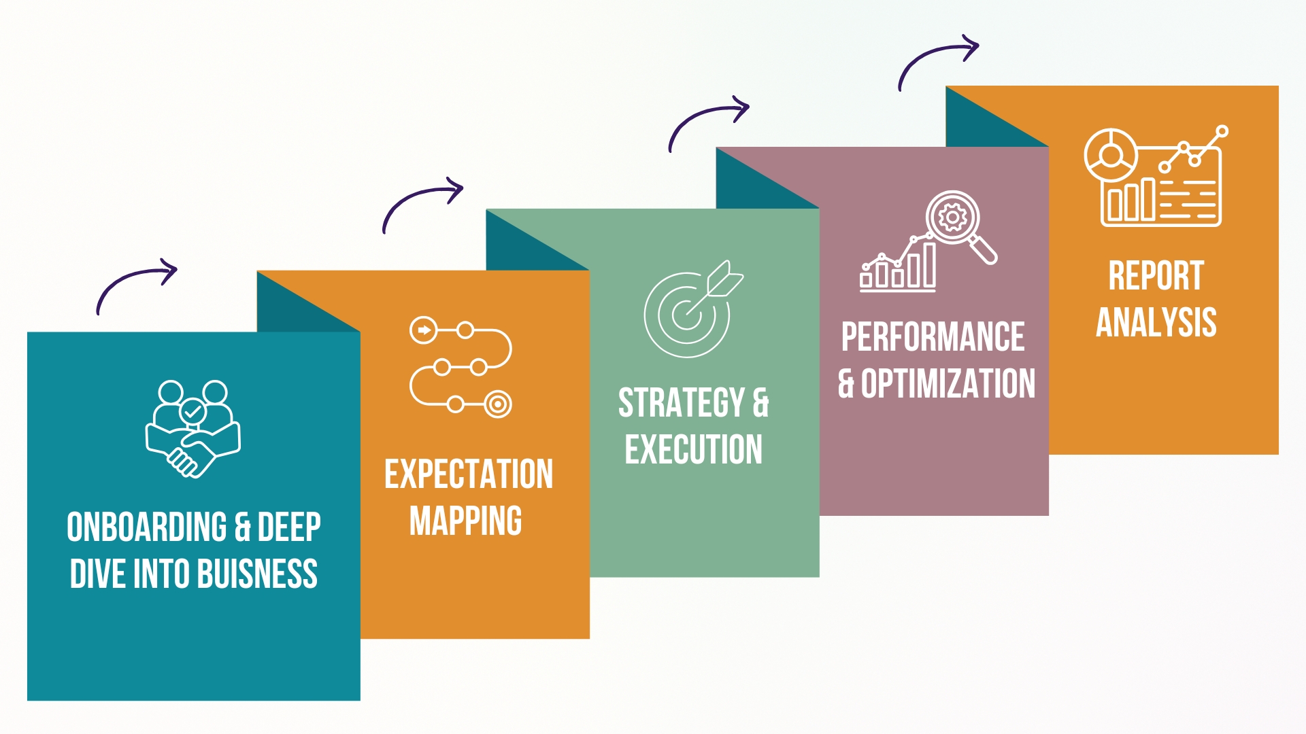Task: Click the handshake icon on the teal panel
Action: coord(193,429)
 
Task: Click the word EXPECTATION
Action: coord(469,474)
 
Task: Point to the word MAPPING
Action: coord(466,521)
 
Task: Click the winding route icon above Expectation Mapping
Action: coord(461,366)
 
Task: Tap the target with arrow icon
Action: coord(693,309)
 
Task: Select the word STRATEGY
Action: coord(682,402)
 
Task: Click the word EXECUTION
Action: coord(694,449)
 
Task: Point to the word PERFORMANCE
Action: coord(933,337)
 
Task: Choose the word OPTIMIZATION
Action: coord(948,383)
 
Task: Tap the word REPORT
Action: coord(1156,275)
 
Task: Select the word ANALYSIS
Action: coord(1156,322)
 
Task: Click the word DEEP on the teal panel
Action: coord(289,527)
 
